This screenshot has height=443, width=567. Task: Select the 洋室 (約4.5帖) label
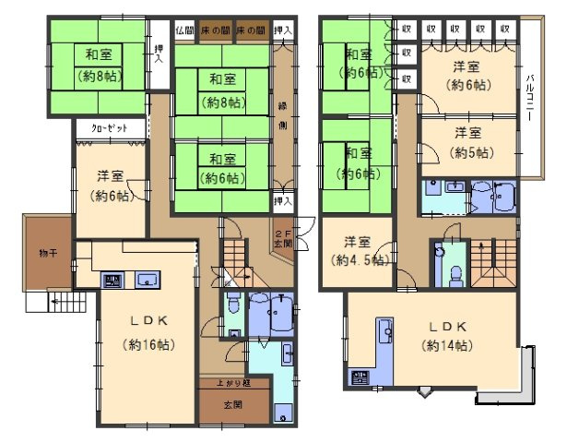click(x=359, y=250)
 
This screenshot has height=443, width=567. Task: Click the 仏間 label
click(x=184, y=30)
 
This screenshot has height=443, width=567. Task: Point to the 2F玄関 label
click(x=282, y=239)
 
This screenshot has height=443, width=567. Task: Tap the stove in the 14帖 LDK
click(x=359, y=377)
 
